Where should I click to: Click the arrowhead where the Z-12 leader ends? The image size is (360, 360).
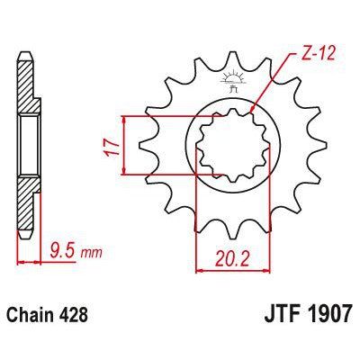[255, 113]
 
